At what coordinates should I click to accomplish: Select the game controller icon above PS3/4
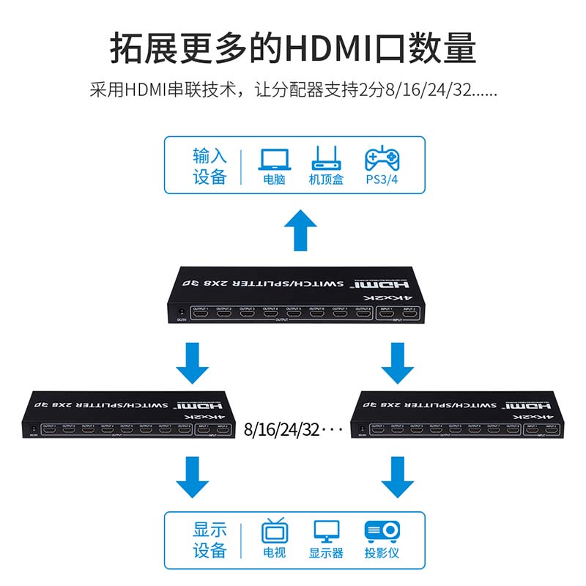(x=382, y=158)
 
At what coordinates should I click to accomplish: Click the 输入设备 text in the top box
(x=210, y=166)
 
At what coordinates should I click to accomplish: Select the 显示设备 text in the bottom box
(x=210, y=540)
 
